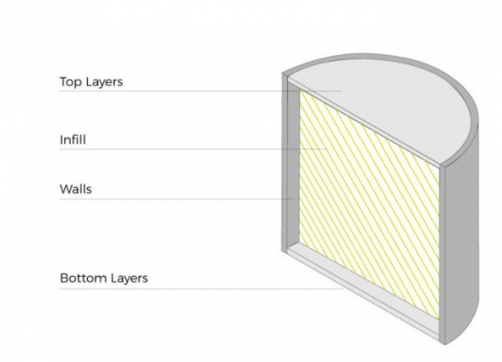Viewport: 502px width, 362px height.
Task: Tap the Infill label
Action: (x=72, y=139)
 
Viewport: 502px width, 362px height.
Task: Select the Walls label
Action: (x=75, y=189)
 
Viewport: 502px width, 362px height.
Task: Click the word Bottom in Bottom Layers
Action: (x=81, y=278)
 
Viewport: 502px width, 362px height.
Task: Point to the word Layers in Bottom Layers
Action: (x=127, y=279)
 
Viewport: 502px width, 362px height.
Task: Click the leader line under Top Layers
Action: (x=200, y=91)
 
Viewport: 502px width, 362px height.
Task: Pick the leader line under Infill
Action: (x=193, y=149)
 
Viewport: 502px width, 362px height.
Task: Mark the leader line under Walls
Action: (x=176, y=199)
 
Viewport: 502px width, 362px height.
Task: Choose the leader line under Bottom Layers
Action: (x=201, y=289)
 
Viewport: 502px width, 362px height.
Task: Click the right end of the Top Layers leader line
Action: (x=341, y=91)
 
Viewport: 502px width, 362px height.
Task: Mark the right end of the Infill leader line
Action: (x=326, y=149)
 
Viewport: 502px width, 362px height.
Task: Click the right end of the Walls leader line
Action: (x=293, y=199)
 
